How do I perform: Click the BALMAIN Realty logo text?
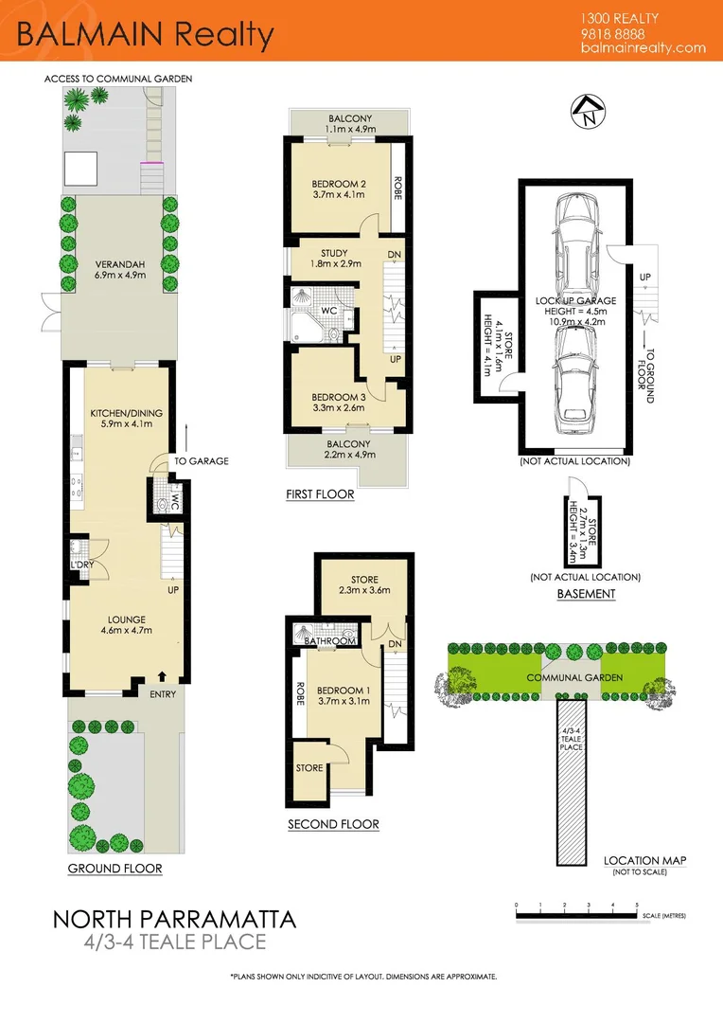(145, 35)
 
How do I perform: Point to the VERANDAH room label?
(118, 264)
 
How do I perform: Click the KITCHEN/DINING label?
(120, 414)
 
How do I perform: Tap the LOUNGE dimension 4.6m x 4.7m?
(120, 629)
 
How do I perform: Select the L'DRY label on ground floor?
(80, 565)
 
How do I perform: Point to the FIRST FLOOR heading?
(320, 494)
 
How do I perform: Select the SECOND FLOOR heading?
(333, 824)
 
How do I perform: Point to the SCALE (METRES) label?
(661, 916)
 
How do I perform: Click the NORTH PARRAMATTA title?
(173, 919)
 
